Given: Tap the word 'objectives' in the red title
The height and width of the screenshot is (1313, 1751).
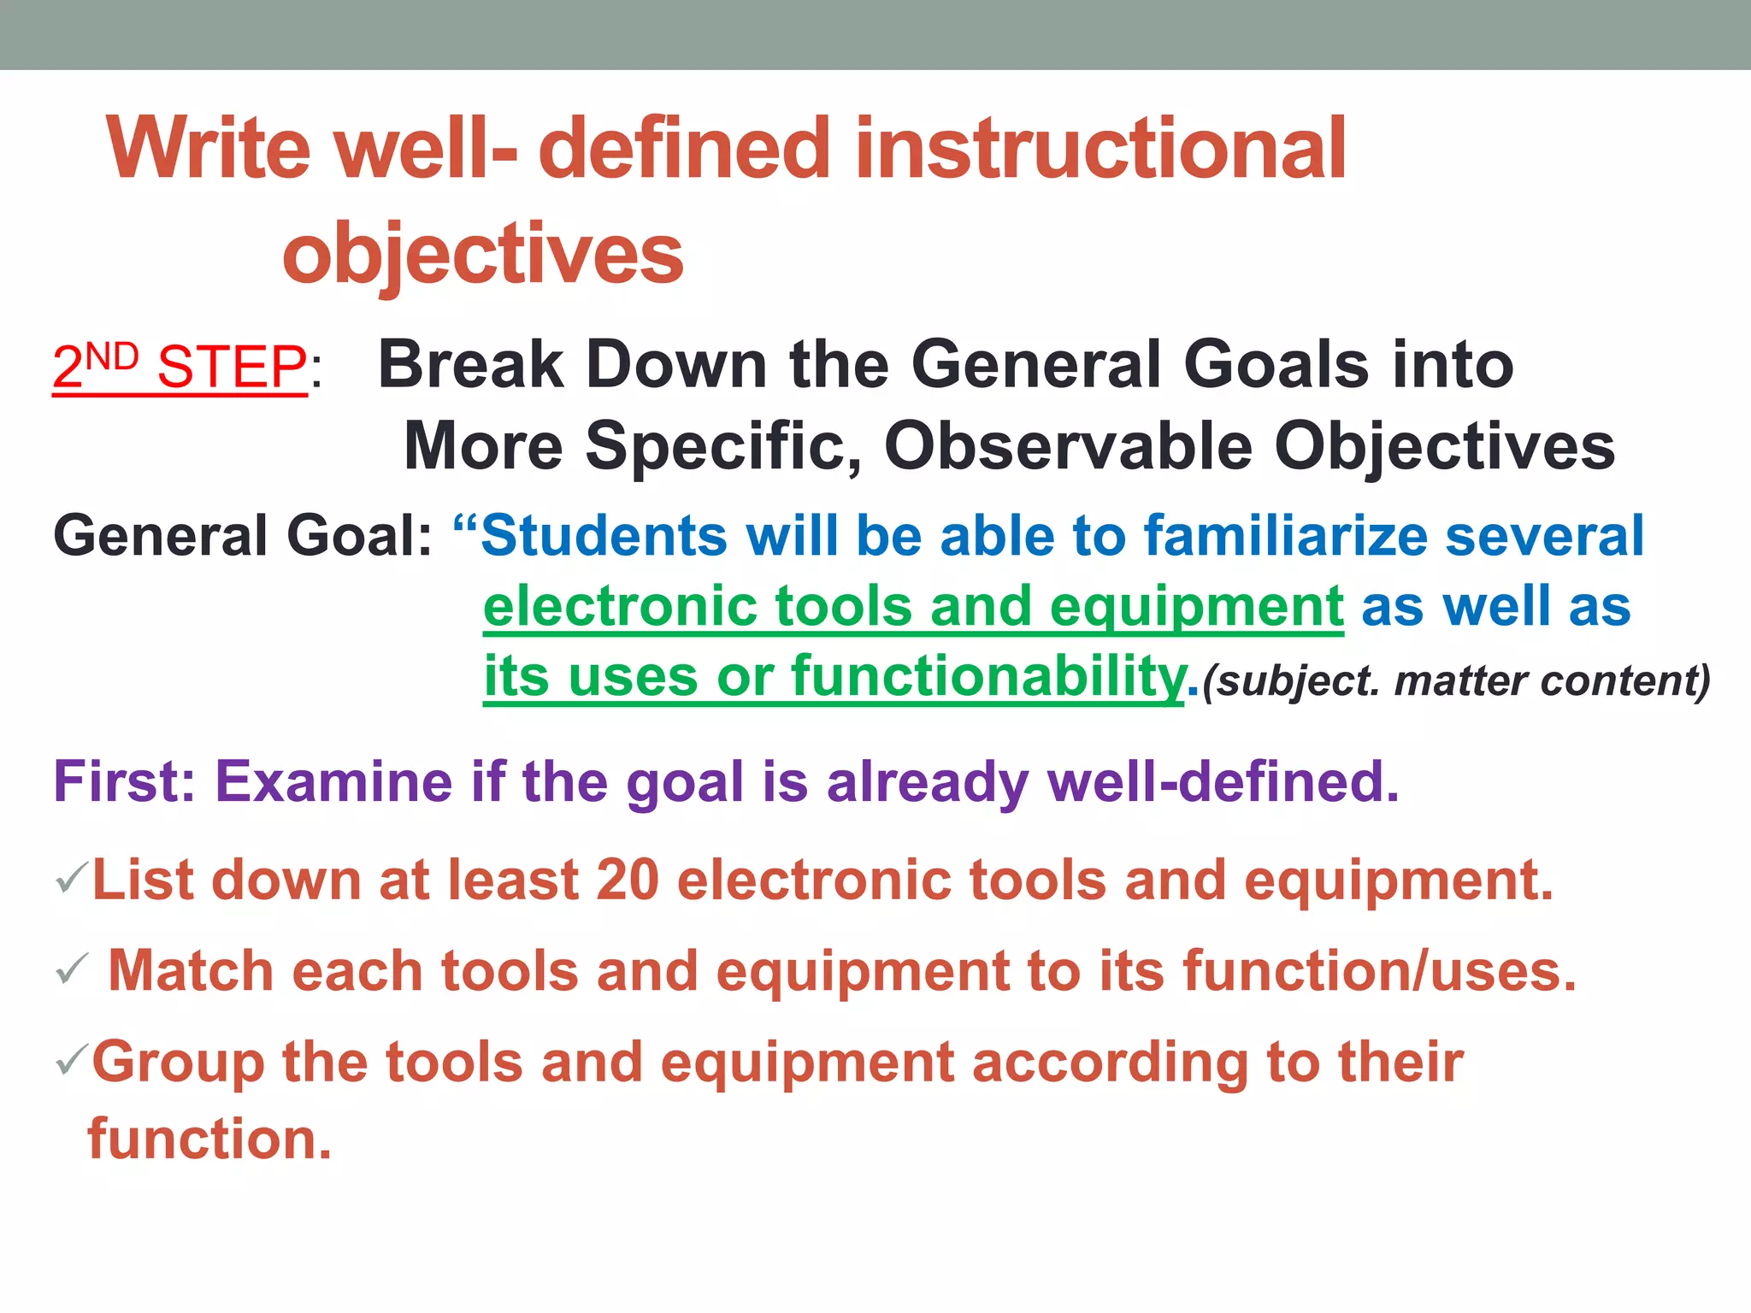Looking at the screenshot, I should click(x=483, y=254).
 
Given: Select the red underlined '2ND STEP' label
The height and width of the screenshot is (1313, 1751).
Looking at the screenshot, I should click(x=180, y=368).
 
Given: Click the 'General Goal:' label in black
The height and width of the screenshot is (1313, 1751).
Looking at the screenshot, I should click(x=243, y=536).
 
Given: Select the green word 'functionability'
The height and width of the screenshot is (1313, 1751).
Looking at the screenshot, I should click(x=988, y=676).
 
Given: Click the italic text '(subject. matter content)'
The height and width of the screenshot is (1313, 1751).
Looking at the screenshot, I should click(x=1455, y=681).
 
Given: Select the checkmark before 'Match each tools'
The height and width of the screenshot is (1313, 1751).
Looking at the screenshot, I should click(x=71, y=969).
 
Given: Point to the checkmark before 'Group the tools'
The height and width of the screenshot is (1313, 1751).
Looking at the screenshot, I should click(x=71, y=1060).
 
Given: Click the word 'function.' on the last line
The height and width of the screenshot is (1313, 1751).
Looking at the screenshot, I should click(x=209, y=1139).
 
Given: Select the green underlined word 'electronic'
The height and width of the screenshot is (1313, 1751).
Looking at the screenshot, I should click(x=619, y=606).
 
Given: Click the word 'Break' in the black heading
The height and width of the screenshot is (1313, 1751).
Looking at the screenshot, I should click(x=470, y=365).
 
